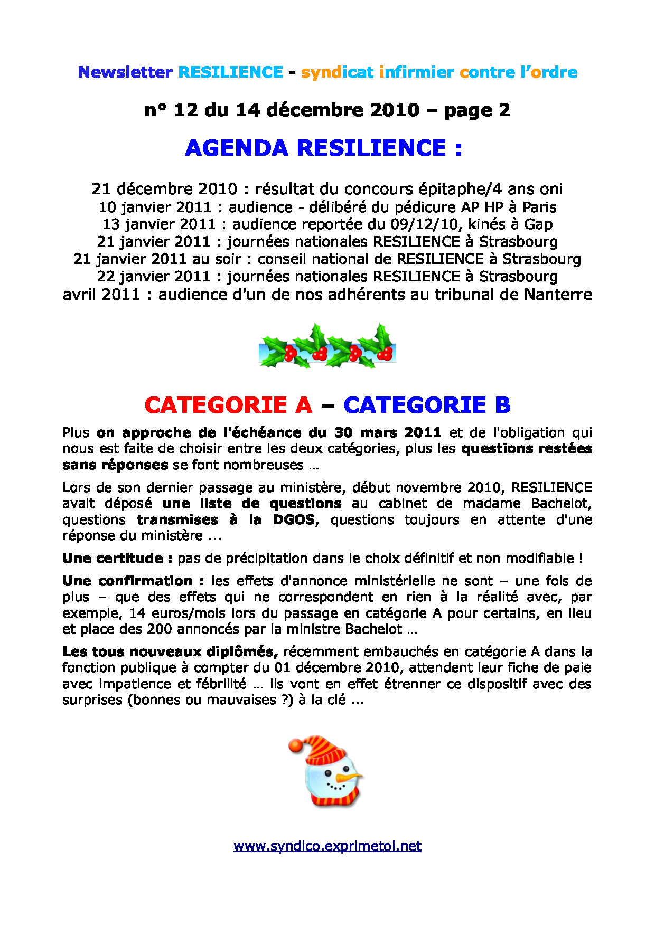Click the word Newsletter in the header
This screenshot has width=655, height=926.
[125, 72]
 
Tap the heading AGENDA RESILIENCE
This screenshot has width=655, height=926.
[323, 148]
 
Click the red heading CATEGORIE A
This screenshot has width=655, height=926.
[228, 405]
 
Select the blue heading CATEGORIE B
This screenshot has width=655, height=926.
[427, 405]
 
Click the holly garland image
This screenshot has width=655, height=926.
[327, 347]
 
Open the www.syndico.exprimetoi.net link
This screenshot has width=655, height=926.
[327, 846]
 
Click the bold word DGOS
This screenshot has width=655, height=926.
[294, 519]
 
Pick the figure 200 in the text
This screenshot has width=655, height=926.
[160, 629]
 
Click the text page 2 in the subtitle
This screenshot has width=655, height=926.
[477, 110]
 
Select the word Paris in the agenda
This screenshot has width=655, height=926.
[539, 207]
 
